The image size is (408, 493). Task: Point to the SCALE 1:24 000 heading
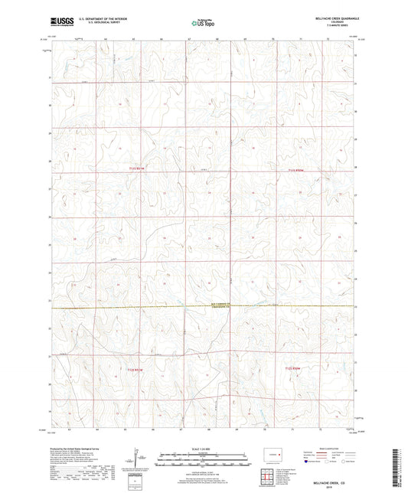(204, 449)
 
